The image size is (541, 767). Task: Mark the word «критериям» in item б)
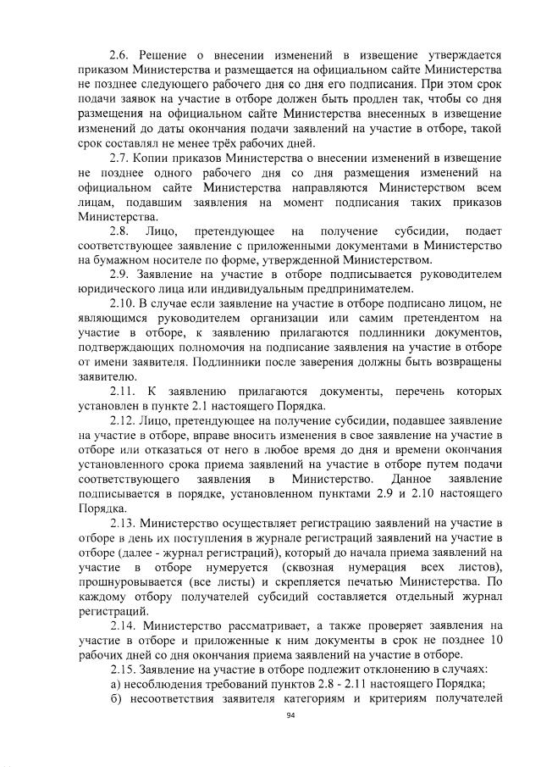point(409,698)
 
